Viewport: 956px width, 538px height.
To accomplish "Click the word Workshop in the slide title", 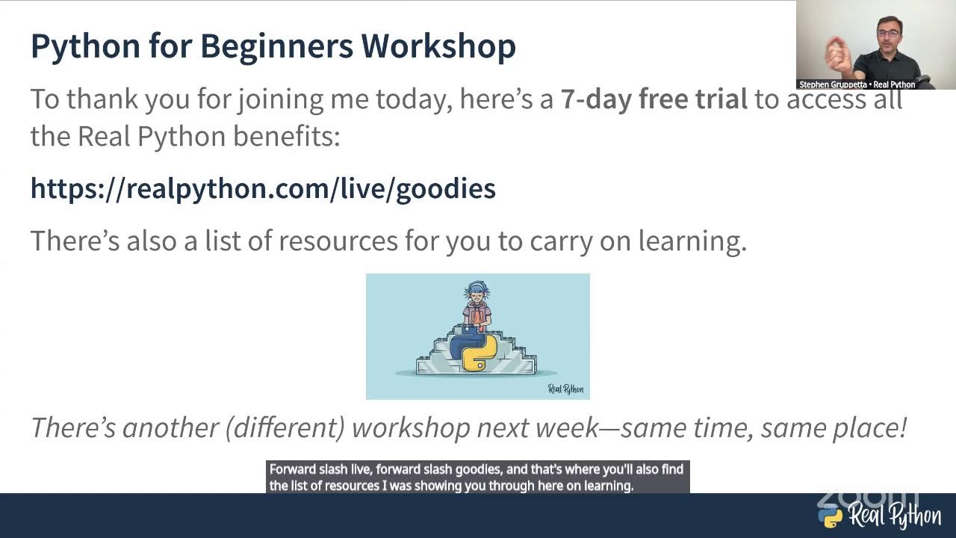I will [438, 46].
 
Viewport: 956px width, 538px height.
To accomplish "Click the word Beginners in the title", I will [276, 46].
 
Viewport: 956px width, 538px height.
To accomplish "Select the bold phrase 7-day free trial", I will [654, 99].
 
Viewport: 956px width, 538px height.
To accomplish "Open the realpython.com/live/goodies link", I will [263, 188].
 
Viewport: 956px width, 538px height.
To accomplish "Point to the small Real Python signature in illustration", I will [565, 389].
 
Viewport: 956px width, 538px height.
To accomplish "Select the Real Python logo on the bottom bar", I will [879, 516].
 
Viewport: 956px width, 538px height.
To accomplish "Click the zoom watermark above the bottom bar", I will [866, 496].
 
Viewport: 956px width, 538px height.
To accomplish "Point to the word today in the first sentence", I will [413, 99].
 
